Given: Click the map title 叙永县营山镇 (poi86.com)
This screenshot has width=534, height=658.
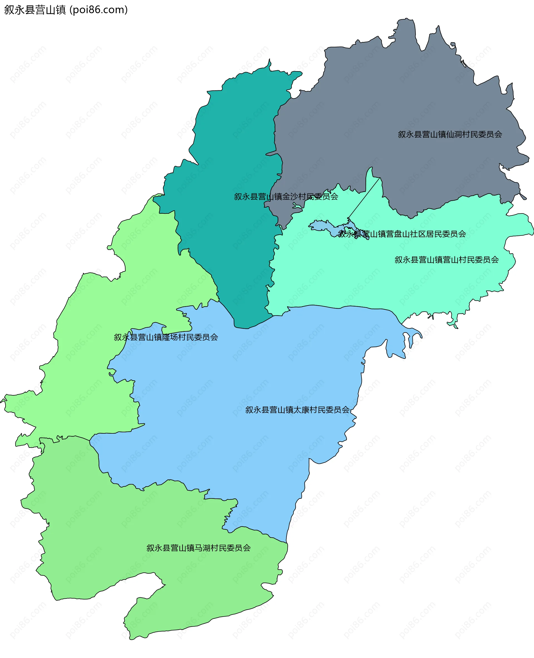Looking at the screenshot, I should point(66,10).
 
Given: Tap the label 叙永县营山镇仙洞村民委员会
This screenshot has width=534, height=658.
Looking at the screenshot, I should point(450,134).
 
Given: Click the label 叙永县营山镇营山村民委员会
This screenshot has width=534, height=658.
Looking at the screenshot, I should point(446,260).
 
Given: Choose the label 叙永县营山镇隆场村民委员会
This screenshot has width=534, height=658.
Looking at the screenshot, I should point(166,337).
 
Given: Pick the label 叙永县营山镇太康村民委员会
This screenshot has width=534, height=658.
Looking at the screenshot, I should point(297,410).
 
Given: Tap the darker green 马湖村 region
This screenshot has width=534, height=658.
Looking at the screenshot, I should point(123,538).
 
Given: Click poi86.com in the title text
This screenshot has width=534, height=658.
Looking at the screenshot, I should point(98,10).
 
